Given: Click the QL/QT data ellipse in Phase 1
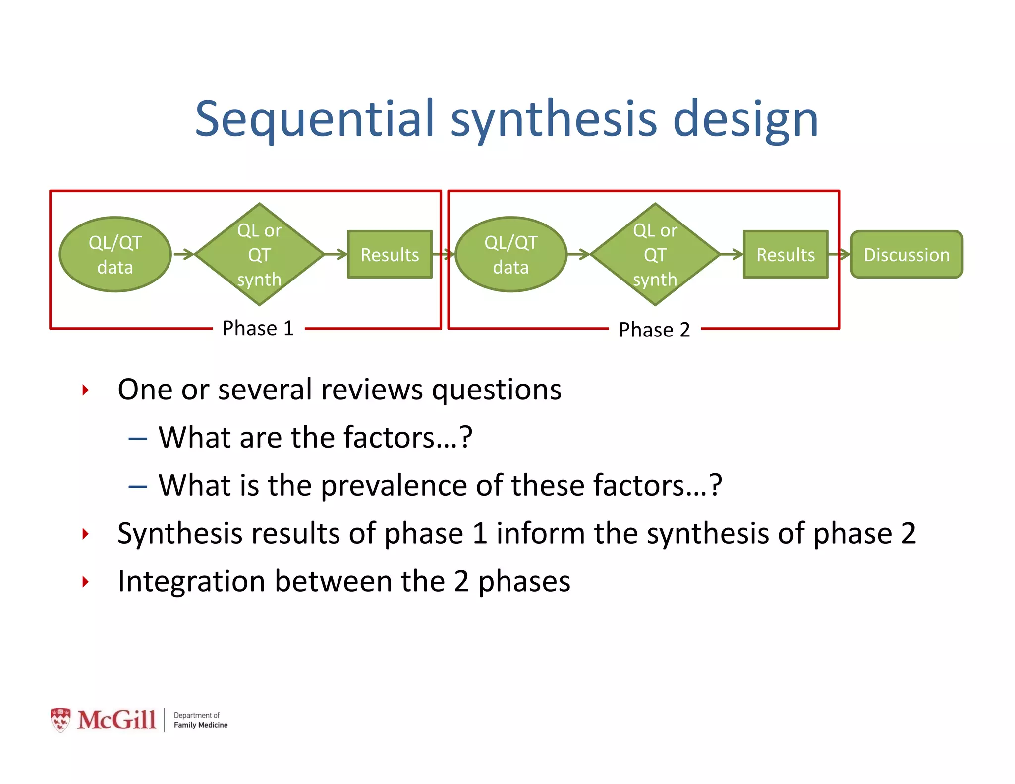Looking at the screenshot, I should [x=115, y=254].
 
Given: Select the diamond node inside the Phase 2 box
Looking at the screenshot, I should [x=655, y=254].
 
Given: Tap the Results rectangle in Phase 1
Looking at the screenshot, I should [x=390, y=254].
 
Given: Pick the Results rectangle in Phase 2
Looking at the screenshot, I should [x=785, y=254].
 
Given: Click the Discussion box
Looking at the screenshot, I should [x=906, y=254].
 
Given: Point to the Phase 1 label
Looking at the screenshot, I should [x=258, y=328].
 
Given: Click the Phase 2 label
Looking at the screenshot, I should [x=654, y=330].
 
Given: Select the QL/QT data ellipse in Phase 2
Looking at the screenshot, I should [x=510, y=254].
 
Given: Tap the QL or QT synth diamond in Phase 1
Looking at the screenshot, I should [x=259, y=254].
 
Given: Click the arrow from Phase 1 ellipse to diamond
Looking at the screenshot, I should [x=184, y=254].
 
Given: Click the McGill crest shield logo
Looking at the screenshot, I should [x=60, y=720].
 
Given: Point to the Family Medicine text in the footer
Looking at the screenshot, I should [x=200, y=725].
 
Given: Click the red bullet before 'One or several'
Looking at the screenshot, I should [x=85, y=390].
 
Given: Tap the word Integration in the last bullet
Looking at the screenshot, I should [x=191, y=581].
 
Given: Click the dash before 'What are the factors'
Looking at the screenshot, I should [x=137, y=439].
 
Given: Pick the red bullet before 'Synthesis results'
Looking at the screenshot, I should [x=85, y=534].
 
